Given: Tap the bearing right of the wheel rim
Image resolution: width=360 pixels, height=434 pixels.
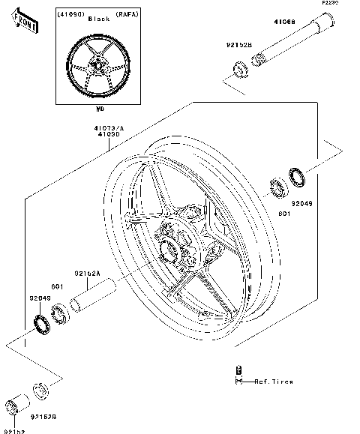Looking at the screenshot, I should (x=276, y=188).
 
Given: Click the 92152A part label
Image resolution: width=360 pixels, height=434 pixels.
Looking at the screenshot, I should (x=88, y=274).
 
